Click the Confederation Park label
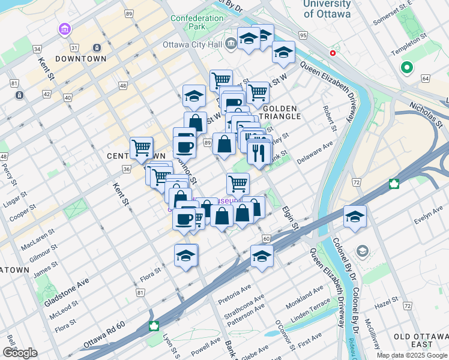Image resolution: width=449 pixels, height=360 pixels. (x=196, y=22)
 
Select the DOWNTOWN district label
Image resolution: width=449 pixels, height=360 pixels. (x=80, y=59)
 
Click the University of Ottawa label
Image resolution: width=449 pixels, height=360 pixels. (x=327, y=9)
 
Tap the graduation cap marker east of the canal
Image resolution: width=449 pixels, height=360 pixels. (x=355, y=217)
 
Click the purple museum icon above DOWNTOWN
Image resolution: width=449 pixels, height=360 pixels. (x=64, y=29)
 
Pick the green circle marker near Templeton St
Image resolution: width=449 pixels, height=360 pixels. (x=406, y=68)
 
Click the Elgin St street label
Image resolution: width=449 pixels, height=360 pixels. (x=290, y=218)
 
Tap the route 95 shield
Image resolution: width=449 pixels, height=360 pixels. (x=303, y=36)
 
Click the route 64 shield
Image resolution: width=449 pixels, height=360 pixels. (x=426, y=79)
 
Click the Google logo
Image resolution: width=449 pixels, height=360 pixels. (x=20, y=352)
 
